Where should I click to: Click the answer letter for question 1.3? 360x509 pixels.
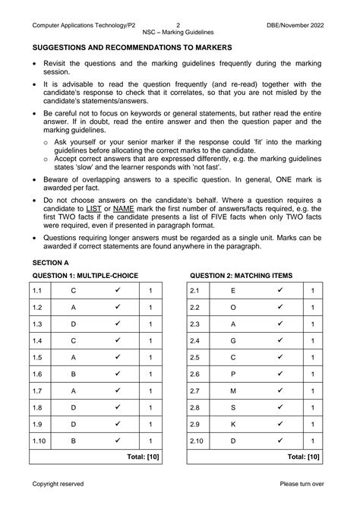click(73, 324)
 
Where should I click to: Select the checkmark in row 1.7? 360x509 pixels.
click(118, 390)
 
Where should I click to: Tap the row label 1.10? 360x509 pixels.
click(40, 441)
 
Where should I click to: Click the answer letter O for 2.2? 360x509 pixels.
click(232, 307)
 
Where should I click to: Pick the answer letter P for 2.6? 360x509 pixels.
click(232, 374)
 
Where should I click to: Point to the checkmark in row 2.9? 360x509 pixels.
click(280, 424)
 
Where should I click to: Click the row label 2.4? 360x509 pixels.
click(194, 340)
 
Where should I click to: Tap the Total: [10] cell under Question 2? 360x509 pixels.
click(302, 457)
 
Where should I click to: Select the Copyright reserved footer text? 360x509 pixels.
click(58, 483)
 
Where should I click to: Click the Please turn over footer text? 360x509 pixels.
click(302, 483)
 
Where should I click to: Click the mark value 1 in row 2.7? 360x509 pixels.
click(312, 390)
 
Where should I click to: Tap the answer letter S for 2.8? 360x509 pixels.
click(232, 407)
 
